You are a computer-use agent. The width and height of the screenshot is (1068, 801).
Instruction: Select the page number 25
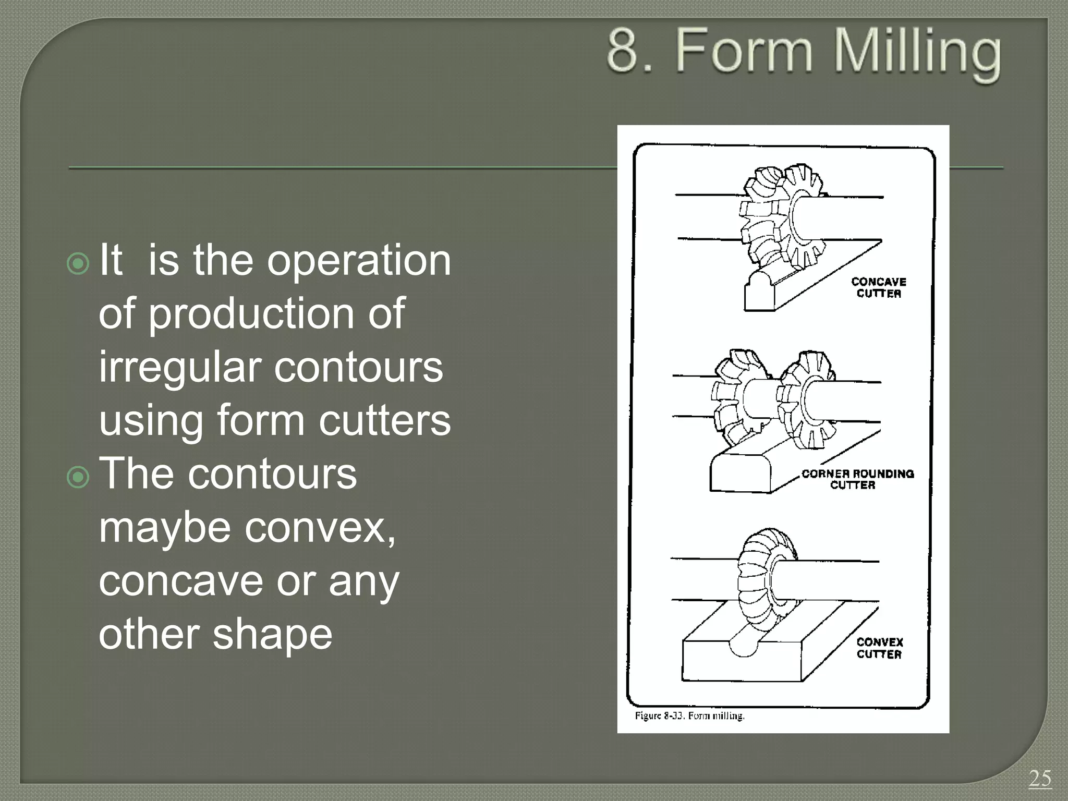(x=1040, y=779)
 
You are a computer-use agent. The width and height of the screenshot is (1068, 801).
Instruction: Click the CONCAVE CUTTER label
(x=879, y=287)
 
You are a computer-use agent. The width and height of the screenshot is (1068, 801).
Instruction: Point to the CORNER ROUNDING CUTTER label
(x=857, y=479)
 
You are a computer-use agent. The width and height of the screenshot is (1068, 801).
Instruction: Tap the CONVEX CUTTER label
(x=879, y=648)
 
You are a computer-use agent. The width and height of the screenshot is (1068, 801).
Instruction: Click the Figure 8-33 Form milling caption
(x=689, y=715)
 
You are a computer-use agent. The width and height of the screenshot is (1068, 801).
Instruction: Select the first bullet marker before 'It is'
(x=78, y=264)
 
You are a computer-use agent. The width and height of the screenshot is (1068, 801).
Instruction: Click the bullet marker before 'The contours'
(x=78, y=477)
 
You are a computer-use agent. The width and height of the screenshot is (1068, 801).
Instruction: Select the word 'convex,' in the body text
(x=320, y=528)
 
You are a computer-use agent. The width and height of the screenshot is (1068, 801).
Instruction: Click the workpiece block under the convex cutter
(x=741, y=662)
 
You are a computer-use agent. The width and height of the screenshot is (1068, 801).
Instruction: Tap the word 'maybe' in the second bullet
(x=165, y=528)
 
